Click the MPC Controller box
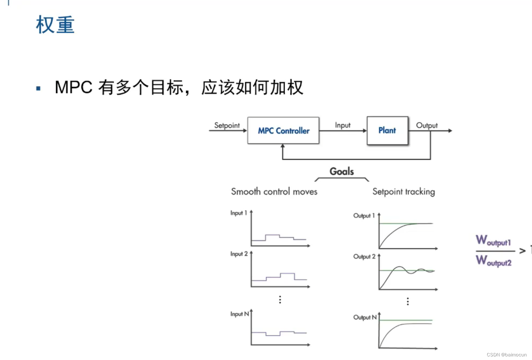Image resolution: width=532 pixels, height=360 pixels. [x=283, y=131]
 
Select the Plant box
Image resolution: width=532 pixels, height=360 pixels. [x=387, y=131]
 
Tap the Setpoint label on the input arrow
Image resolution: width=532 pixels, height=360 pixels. [x=227, y=125]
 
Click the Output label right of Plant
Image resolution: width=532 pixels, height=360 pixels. [x=427, y=125]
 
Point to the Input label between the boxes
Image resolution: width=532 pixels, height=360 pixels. [x=342, y=125]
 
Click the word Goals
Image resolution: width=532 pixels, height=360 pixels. [x=342, y=171]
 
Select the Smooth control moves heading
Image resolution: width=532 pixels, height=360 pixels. [x=274, y=192]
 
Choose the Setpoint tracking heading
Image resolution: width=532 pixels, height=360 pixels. [x=403, y=192]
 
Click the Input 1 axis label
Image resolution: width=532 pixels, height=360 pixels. [x=239, y=213]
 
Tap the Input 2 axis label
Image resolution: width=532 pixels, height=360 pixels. [x=239, y=254]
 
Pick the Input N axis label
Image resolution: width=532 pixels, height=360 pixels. [x=239, y=314]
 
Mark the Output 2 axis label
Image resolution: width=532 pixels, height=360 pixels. [x=364, y=257]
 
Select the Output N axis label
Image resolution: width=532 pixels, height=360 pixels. [x=365, y=317]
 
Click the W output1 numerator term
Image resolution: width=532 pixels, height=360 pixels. [x=493, y=240]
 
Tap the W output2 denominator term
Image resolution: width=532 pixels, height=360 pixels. [x=494, y=261]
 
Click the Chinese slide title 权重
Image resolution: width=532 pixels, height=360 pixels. [x=55, y=25]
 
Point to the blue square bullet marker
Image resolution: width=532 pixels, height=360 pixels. [x=38, y=88]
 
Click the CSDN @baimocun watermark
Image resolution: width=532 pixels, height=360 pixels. [x=507, y=355]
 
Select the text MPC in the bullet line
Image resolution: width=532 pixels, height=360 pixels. [x=73, y=87]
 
